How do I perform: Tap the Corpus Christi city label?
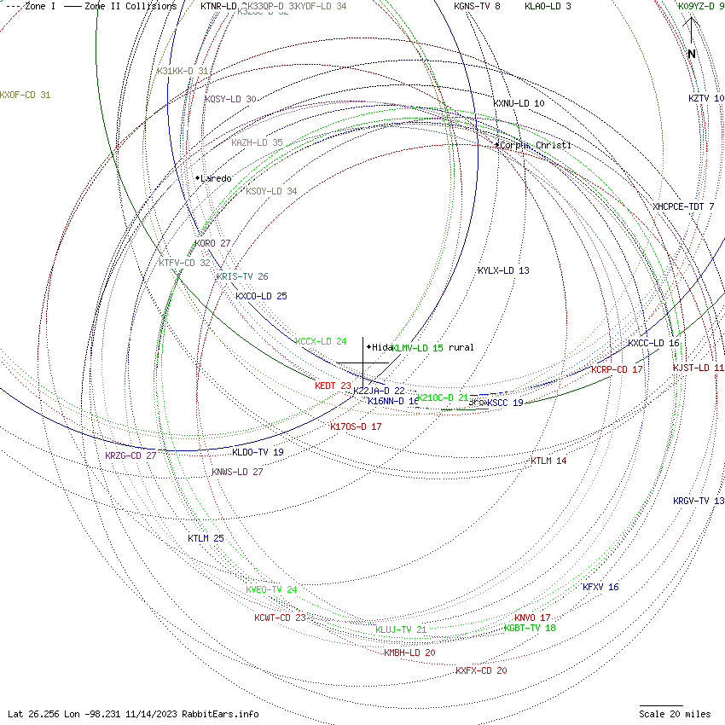(535, 145)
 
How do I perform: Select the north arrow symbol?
(692, 38)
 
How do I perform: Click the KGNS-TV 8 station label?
(477, 6)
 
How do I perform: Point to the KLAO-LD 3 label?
(548, 6)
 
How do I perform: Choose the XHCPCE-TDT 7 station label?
(683, 206)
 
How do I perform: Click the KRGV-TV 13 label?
(698, 501)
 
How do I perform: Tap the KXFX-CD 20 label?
(481, 670)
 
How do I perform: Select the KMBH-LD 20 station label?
(409, 652)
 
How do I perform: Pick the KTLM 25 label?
(206, 538)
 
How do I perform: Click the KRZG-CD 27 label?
(130, 455)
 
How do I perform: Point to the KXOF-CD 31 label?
(26, 95)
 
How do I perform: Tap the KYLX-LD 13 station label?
(503, 270)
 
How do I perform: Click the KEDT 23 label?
(333, 386)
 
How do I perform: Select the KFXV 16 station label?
(600, 587)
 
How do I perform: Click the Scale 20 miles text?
(675, 714)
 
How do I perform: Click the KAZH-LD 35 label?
(257, 142)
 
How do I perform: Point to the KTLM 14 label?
(548, 461)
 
